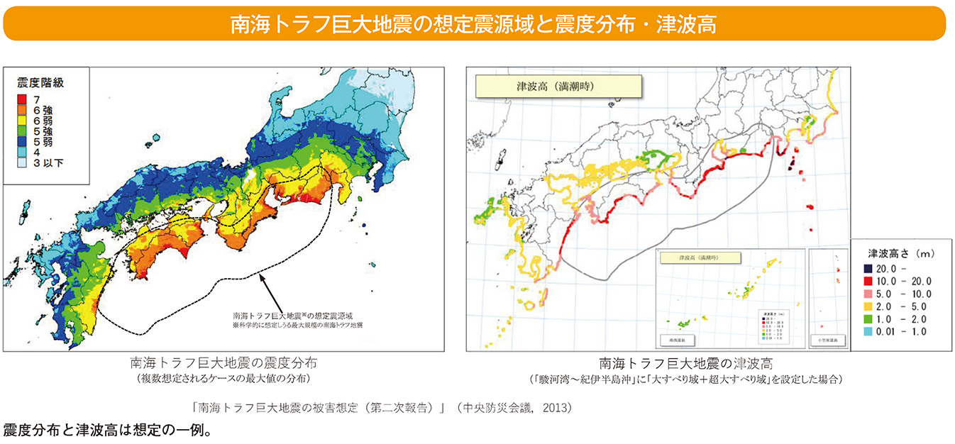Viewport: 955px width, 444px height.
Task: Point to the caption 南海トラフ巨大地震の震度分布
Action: pos(223,363)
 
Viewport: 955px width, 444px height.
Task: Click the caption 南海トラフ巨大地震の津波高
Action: pos(685,363)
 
